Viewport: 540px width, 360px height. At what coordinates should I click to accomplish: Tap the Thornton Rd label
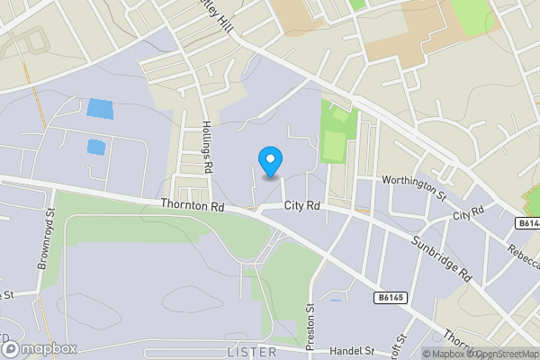[191, 205]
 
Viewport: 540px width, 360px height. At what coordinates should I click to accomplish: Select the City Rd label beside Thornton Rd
[302, 206]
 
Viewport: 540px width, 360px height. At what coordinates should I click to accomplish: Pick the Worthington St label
[414, 183]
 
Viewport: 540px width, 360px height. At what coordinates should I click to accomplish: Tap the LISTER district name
[251, 351]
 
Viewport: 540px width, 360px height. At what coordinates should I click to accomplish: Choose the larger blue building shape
[100, 110]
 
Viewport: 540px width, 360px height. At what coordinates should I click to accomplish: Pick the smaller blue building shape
[95, 146]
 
